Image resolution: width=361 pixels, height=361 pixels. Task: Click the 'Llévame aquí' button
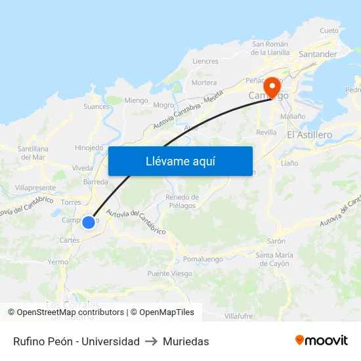click(x=180, y=161)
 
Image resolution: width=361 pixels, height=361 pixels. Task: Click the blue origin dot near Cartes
click(x=89, y=223)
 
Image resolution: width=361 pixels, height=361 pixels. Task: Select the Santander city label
click(x=318, y=54)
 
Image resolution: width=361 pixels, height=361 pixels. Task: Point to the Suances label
click(x=96, y=106)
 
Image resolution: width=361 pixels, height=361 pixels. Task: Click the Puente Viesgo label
click(x=169, y=274)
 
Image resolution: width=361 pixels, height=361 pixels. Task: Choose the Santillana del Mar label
click(x=32, y=153)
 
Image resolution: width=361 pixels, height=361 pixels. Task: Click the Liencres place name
click(x=205, y=61)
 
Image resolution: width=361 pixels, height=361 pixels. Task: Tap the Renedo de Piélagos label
click(x=182, y=201)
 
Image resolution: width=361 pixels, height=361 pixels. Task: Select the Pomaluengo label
click(x=203, y=259)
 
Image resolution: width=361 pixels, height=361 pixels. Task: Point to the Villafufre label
click(x=238, y=316)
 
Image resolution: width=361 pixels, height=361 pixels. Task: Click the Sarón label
click(x=276, y=241)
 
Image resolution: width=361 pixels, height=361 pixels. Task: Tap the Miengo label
click(x=137, y=100)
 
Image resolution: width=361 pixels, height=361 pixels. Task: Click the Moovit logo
click(x=321, y=341)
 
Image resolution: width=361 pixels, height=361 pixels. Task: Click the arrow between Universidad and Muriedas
click(x=150, y=341)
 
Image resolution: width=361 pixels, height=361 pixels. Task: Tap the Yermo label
click(x=58, y=261)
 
